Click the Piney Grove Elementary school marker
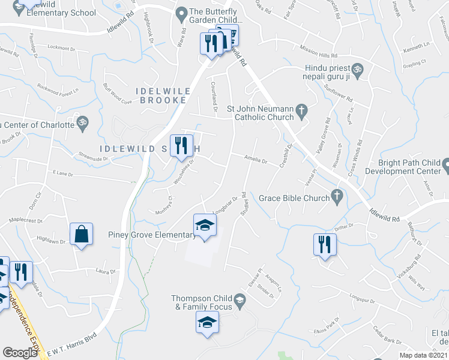click(x=205, y=226)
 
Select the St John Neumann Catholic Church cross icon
click(x=302, y=109)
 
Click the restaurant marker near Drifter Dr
click(x=324, y=245)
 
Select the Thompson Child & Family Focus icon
click(x=240, y=301)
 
